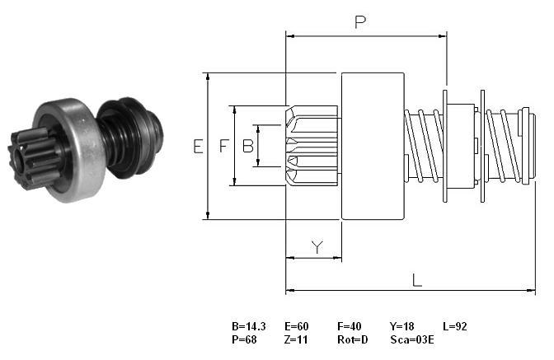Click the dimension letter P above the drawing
360,22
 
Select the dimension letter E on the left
198,146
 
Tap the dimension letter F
224,146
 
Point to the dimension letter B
248,146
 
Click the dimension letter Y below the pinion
317,247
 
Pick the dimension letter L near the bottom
417,281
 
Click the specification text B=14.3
249,326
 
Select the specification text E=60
297,326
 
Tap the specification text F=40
350,326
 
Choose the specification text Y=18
402,326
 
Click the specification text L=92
455,326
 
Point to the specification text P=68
244,339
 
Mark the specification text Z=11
296,339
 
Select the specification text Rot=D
353,339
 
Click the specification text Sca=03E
412,339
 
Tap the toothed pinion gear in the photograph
34,159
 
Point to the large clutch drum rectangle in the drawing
373,146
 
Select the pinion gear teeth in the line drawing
312,146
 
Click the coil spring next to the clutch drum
423,146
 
